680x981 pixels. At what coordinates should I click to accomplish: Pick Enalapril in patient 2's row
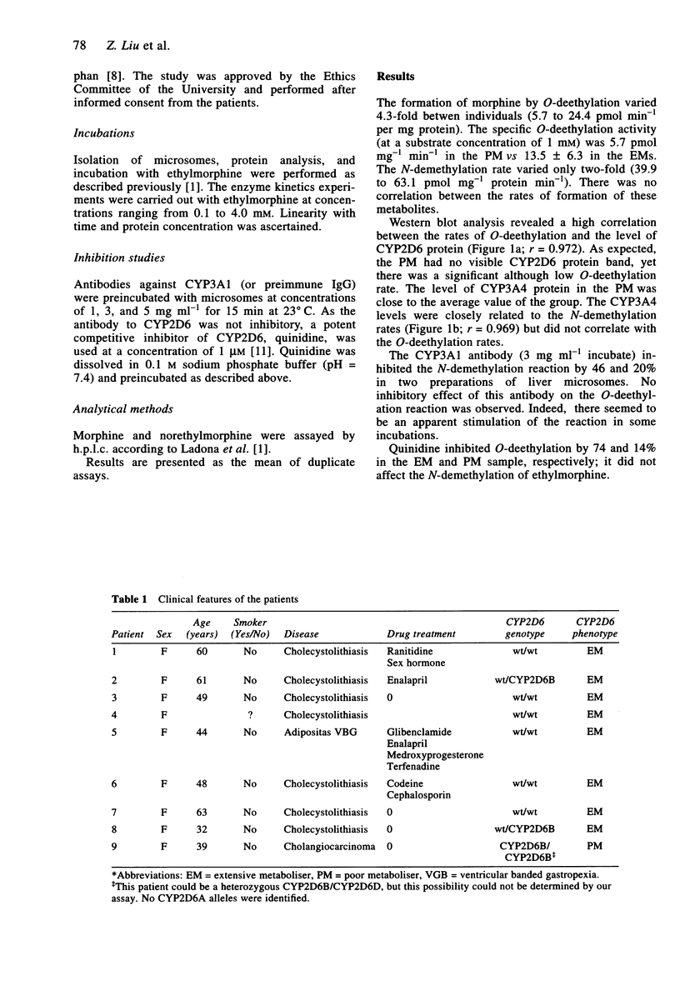[409, 680]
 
